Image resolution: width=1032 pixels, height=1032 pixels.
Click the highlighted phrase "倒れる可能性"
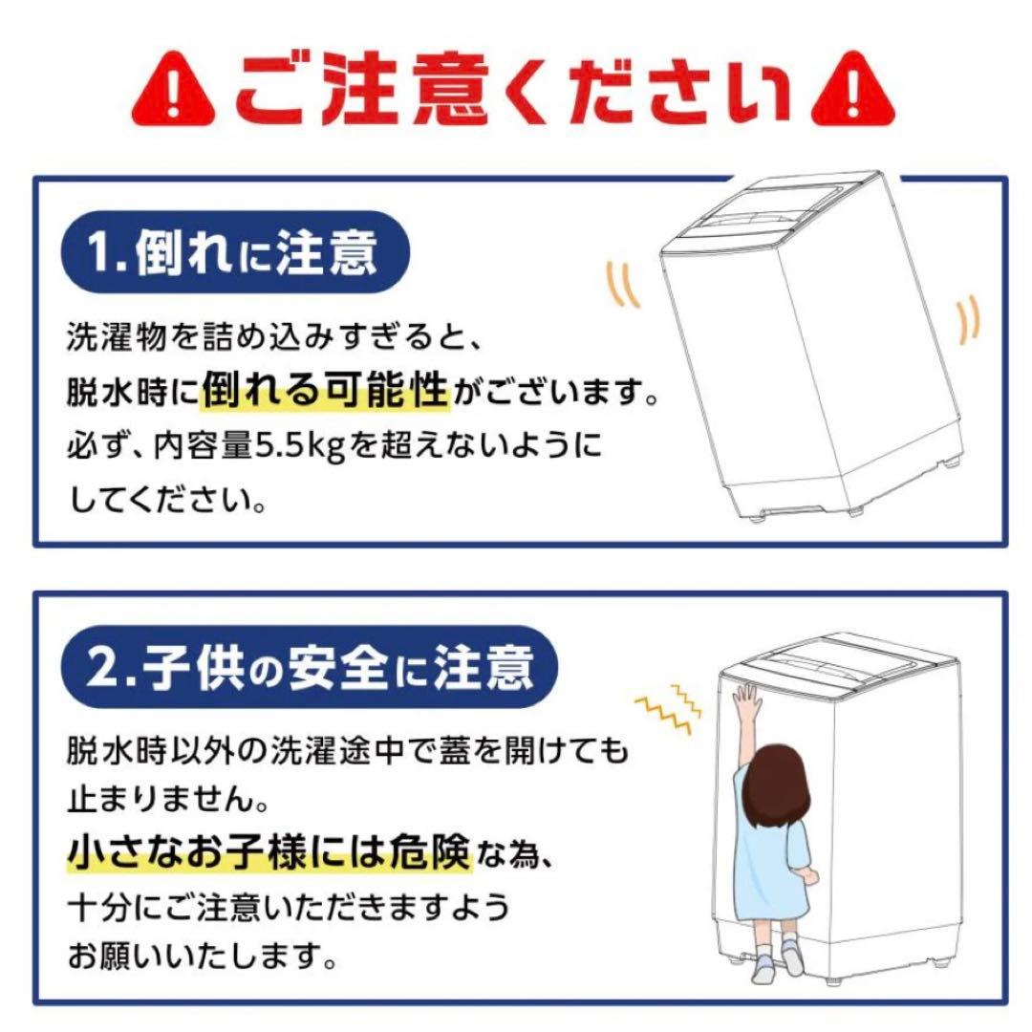(325, 391)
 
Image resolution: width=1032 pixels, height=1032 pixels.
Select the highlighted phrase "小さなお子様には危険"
(269, 851)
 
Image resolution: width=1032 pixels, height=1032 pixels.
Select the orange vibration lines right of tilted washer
(967, 320)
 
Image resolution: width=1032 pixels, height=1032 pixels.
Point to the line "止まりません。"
(161, 796)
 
